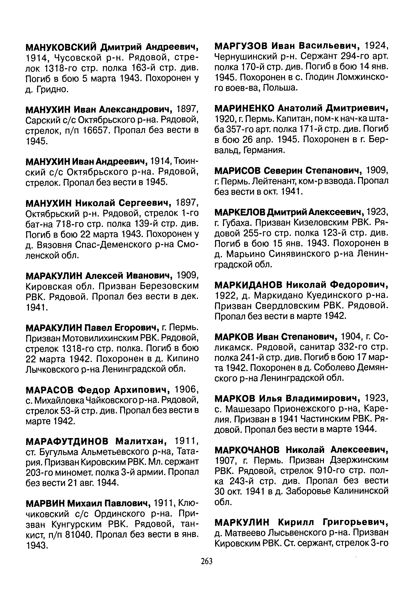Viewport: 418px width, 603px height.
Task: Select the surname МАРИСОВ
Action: (x=238, y=171)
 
